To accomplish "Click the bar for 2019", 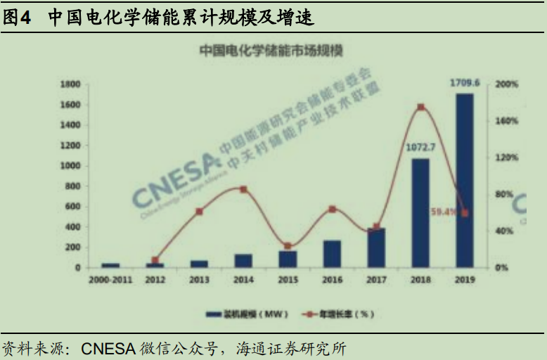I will coord(464,180).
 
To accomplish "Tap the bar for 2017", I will coord(376,247).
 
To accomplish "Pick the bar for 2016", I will coord(332,254).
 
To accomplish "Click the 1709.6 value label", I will coord(465,84).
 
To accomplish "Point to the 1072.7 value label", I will coord(421,148).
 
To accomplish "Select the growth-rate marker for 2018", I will coord(420,108).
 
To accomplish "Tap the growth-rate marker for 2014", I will coord(243,190).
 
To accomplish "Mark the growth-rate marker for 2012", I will coord(155,260).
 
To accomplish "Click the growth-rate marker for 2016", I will coord(332,209).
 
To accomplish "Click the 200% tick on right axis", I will coord(506,84).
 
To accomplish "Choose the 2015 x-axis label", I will coord(288,280).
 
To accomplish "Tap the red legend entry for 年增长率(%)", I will coord(337,314).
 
